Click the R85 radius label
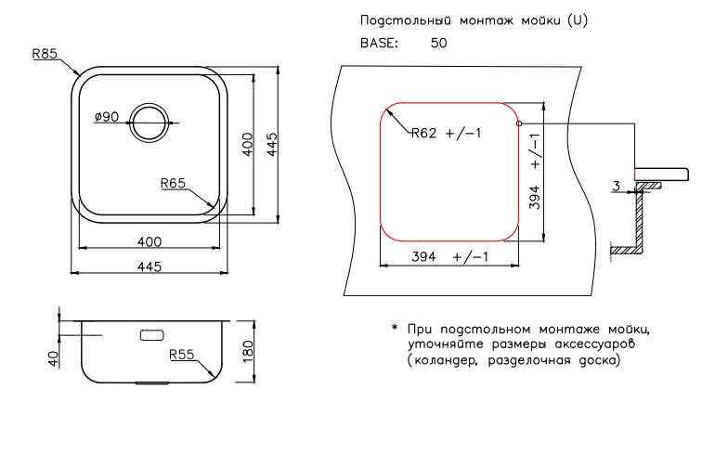tap(45, 54)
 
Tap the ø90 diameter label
tap(106, 117)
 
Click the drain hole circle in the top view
tap(149, 123)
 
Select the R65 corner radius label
tap(173, 183)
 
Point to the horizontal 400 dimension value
tap(149, 241)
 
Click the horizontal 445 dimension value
tap(149, 266)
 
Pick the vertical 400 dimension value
tap(248, 144)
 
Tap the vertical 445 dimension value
tap(272, 144)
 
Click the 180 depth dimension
tap(248, 351)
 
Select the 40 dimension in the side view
tap(54, 358)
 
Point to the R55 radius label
tap(181, 354)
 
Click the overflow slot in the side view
tap(152, 335)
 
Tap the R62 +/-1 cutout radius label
tap(446, 133)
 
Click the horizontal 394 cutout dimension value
tap(423, 256)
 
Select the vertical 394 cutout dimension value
tap(535, 198)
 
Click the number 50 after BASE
tap(438, 43)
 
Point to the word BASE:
tap(379, 43)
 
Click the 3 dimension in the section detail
tap(617, 186)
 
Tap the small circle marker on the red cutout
tap(518, 123)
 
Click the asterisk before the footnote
tap(395, 328)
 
